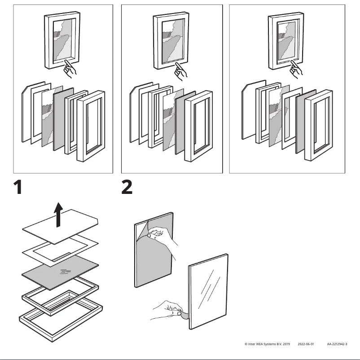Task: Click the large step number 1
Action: (17, 188)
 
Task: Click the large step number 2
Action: (127, 188)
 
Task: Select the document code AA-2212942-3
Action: (337, 344)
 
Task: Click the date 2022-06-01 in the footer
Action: (306, 344)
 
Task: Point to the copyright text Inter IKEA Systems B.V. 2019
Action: (268, 344)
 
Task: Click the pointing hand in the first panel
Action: (70, 68)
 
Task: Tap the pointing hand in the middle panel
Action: (180, 72)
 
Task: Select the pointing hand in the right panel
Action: (296, 69)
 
